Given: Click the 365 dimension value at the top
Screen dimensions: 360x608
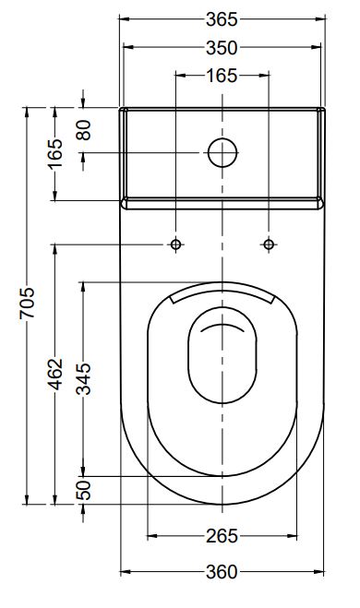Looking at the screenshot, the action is pyautogui.click(x=222, y=19).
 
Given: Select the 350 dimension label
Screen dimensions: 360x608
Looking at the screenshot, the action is pyautogui.click(x=222, y=48).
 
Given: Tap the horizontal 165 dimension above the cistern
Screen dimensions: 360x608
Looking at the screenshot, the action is pyautogui.click(x=222, y=76).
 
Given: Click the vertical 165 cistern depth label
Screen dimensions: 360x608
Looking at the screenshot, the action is pyautogui.click(x=55, y=153).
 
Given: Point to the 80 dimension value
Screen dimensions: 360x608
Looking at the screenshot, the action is pyautogui.click(x=83, y=130).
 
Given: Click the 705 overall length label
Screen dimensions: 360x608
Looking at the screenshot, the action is pyautogui.click(x=27, y=304).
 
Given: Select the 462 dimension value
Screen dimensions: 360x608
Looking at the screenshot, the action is pyautogui.click(x=55, y=375).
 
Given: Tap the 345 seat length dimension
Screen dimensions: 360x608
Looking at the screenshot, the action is pyautogui.click(x=83, y=379).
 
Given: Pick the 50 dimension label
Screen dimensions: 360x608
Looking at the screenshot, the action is pyautogui.click(x=83, y=491).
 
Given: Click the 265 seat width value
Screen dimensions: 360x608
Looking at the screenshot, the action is pyautogui.click(x=222, y=536).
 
